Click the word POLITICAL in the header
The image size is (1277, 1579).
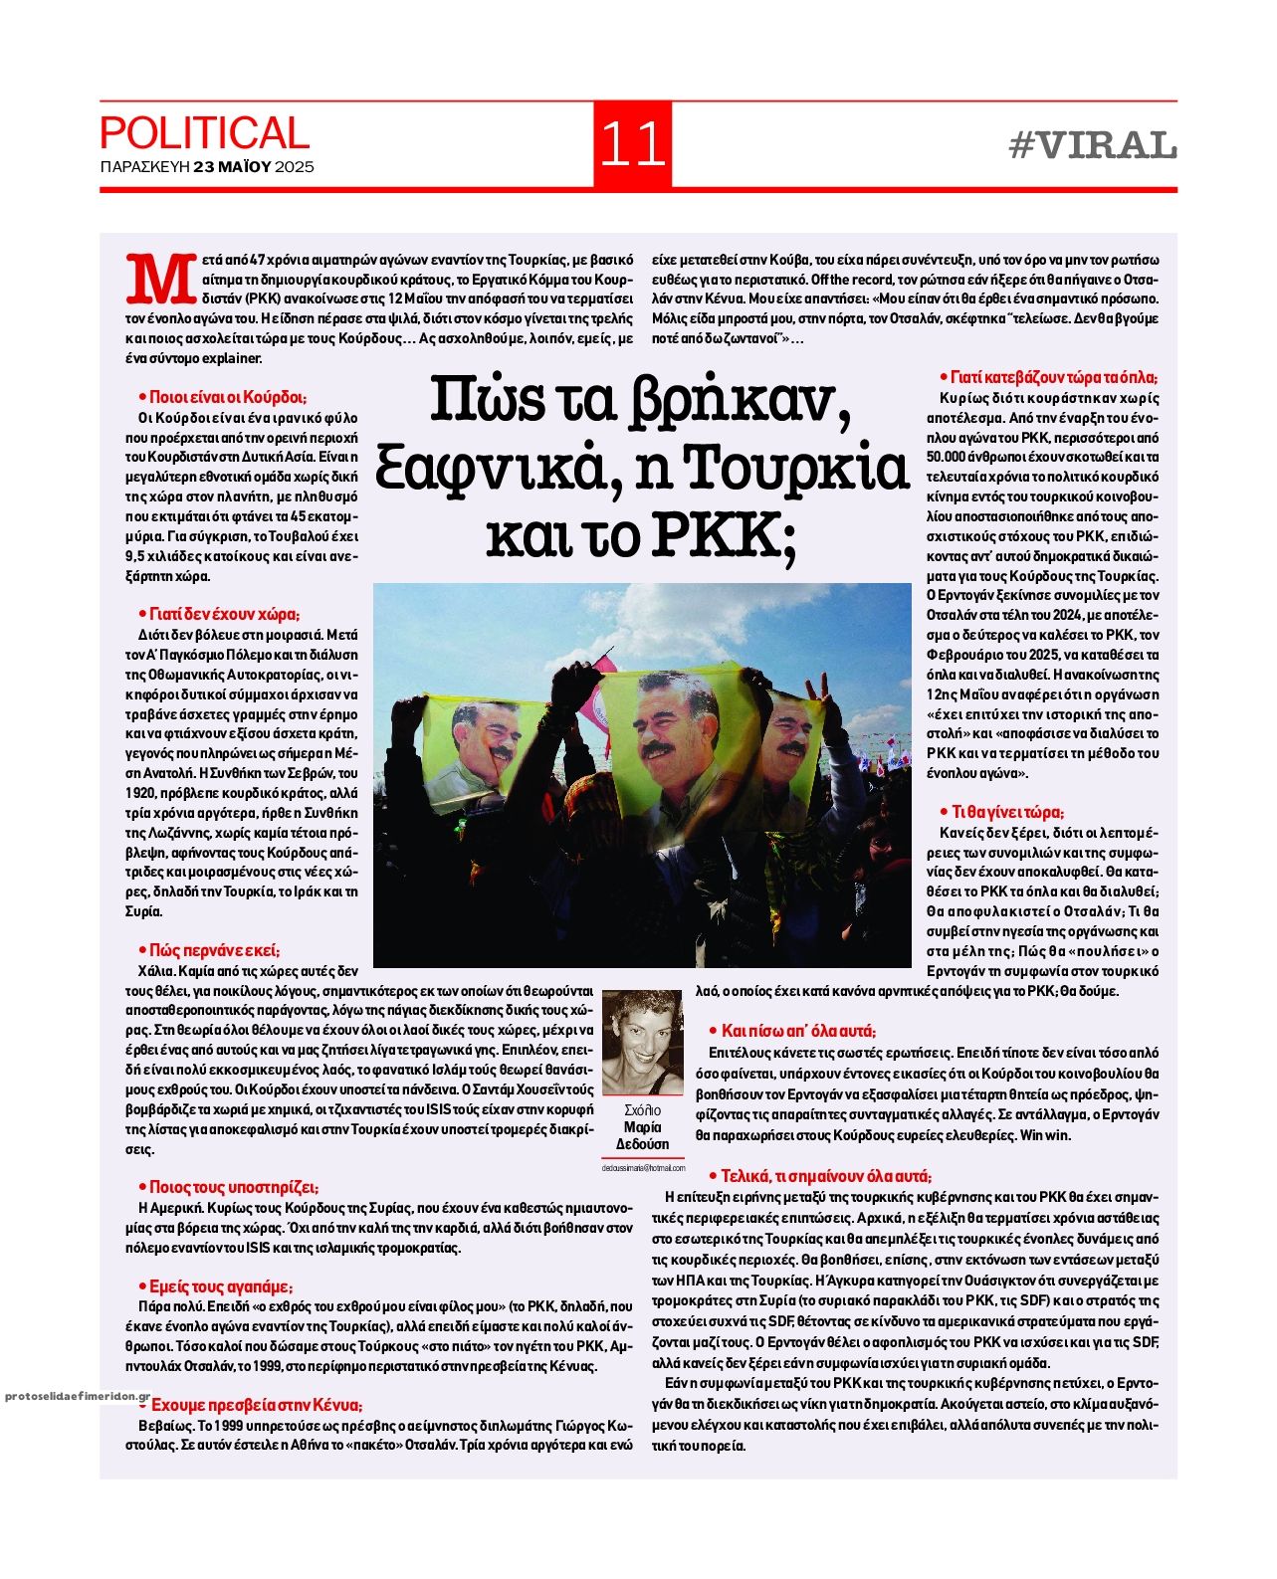pyautogui.click(x=204, y=133)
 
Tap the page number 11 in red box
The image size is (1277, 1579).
pyautogui.click(x=632, y=145)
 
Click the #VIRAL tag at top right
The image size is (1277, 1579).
pyautogui.click(x=1092, y=146)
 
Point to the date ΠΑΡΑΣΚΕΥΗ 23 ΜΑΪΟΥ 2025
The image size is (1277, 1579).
pyautogui.click(x=207, y=167)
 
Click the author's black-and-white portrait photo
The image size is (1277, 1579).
pyautogui.click(x=643, y=1042)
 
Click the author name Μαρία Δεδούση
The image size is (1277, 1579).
pyautogui.click(x=643, y=1136)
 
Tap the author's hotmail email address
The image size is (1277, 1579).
pyautogui.click(x=643, y=1168)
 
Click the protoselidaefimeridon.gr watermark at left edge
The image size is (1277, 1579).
pyautogui.click(x=76, y=1397)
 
